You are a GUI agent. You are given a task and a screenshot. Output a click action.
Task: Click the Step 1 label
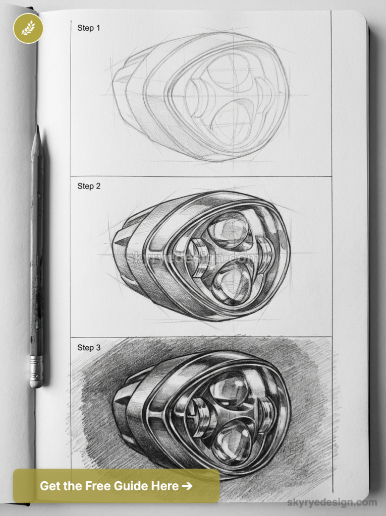click(x=89, y=28)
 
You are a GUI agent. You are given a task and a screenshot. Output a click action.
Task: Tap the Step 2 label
click(x=89, y=186)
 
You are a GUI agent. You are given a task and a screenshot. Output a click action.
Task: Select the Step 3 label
click(x=89, y=348)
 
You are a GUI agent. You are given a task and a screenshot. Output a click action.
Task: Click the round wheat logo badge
click(x=28, y=28)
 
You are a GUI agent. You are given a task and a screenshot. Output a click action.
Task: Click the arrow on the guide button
click(x=187, y=486)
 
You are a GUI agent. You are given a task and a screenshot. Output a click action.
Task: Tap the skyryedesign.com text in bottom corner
click(x=332, y=502)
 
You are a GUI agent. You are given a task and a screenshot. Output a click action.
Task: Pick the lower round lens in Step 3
click(x=232, y=440)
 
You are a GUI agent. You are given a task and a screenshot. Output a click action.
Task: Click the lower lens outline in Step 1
click(x=232, y=121)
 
